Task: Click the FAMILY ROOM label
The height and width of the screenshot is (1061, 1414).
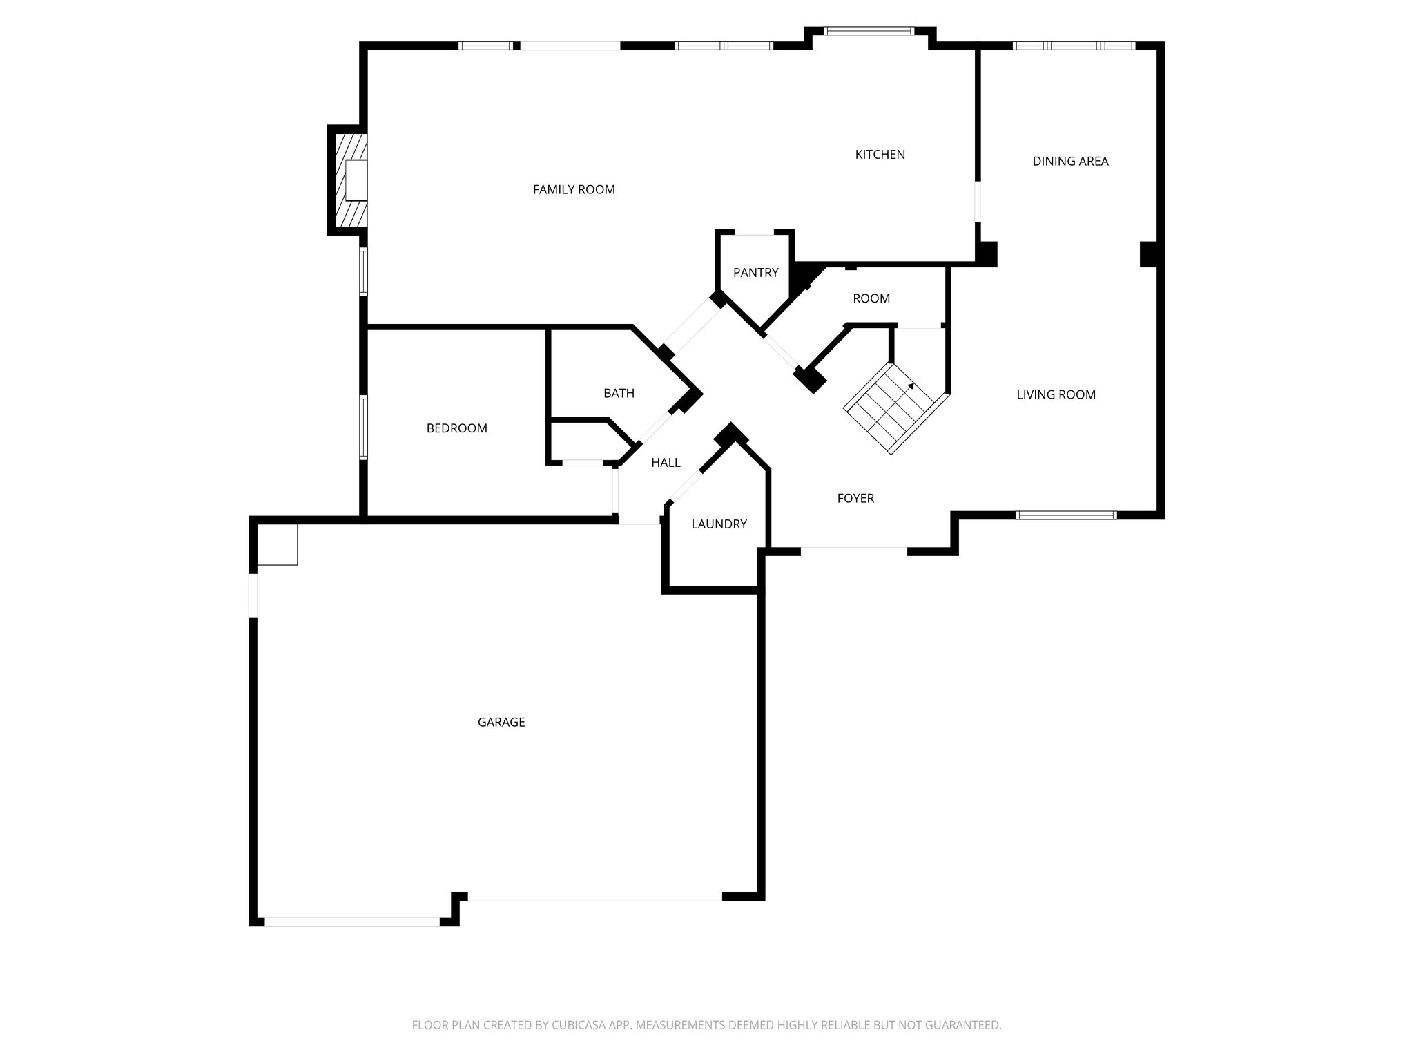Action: click(574, 189)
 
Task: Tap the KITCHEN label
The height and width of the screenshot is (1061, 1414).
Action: click(880, 155)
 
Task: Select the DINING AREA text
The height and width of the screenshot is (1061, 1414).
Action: click(1070, 162)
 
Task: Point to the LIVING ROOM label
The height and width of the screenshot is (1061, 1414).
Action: click(1056, 395)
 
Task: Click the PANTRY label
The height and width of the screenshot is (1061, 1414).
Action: click(755, 273)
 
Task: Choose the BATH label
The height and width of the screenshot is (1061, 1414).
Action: click(619, 394)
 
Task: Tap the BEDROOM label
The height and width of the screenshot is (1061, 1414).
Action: click(456, 428)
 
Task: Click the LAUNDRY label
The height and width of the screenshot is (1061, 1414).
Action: click(719, 524)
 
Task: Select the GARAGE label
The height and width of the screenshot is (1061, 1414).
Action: click(501, 723)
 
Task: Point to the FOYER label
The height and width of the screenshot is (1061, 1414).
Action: click(855, 499)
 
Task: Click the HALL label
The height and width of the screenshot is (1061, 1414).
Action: click(666, 463)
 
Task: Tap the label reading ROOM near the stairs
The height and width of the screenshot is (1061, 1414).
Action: click(871, 299)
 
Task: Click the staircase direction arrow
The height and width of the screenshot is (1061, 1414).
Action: click(910, 388)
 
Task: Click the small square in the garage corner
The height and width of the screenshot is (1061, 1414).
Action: click(277, 545)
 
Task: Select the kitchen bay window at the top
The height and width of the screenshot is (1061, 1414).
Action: click(869, 31)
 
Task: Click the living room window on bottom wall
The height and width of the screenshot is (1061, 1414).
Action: click(1066, 515)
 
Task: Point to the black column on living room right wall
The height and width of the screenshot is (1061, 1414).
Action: click(1149, 254)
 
